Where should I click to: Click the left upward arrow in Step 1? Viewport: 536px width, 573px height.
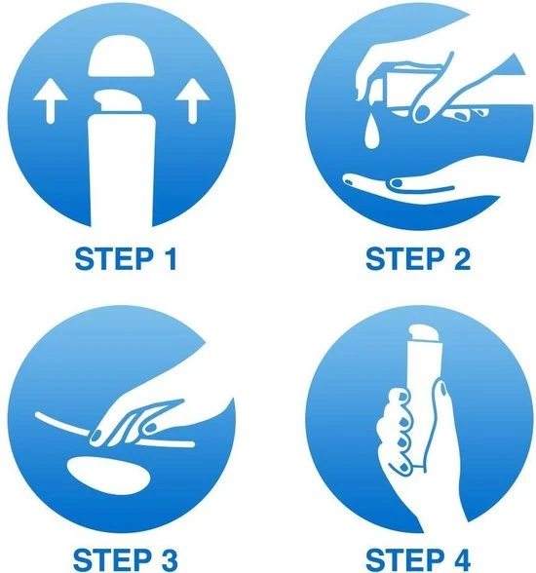tap(50, 102)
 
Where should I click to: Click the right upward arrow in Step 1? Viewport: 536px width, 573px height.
tap(193, 102)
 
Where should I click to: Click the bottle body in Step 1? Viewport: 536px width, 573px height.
tap(122, 170)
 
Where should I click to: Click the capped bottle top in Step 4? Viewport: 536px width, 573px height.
tap(422, 333)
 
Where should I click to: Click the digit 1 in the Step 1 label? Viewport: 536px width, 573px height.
tap(170, 259)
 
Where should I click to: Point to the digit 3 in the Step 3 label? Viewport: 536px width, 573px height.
tap(168, 561)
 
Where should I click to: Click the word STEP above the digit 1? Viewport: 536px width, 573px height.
tap(114, 259)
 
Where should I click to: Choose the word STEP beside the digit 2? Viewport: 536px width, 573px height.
tap(404, 259)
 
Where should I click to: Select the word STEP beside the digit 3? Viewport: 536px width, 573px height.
tap(111, 561)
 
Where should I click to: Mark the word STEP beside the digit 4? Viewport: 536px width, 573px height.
tap(403, 561)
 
